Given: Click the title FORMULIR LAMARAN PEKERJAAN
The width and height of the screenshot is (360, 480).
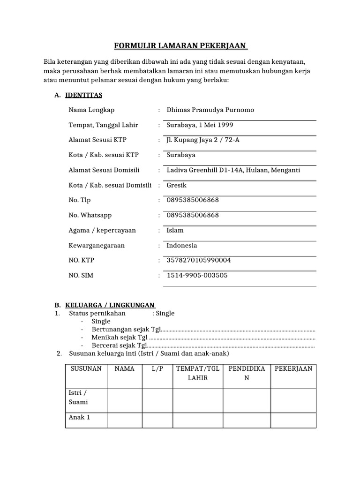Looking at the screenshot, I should pyautogui.click(x=181, y=46).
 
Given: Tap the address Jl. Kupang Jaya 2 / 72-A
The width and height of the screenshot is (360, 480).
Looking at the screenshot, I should pyautogui.click(x=203, y=140).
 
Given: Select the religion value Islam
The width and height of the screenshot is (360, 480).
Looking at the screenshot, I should pyautogui.click(x=175, y=230).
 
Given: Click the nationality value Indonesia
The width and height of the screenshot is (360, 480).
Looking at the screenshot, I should pyautogui.click(x=181, y=245).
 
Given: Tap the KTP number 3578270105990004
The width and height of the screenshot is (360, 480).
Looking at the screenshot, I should pyautogui.click(x=199, y=260).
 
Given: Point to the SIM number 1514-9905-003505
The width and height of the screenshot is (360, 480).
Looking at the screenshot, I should pyautogui.click(x=197, y=275).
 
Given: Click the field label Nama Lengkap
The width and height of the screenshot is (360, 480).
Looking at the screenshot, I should pyautogui.click(x=91, y=110).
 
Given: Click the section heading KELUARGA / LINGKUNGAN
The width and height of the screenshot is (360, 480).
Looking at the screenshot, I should pyautogui.click(x=110, y=305).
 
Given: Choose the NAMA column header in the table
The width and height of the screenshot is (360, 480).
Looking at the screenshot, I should pyautogui.click(x=124, y=369).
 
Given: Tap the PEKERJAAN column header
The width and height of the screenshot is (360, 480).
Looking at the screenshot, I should pyautogui.click(x=293, y=369).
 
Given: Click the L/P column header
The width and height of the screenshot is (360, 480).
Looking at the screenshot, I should pyautogui.click(x=157, y=369).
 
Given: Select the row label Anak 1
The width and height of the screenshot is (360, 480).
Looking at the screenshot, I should pyautogui.click(x=79, y=417).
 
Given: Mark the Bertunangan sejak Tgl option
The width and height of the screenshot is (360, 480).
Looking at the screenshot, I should pyautogui.click(x=126, y=329).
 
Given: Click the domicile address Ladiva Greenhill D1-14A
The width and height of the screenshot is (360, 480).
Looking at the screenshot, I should pyautogui.click(x=207, y=170).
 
